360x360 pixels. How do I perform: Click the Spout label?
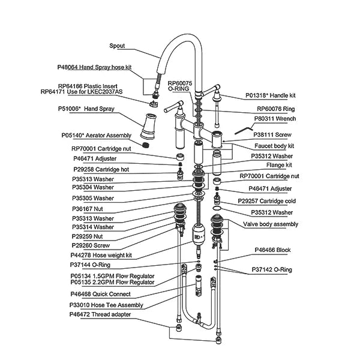pyautogui.click(x=117, y=46)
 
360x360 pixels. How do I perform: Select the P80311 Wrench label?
pyautogui.click(x=275, y=119)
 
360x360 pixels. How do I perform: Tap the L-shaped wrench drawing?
pyautogui.click(x=244, y=130)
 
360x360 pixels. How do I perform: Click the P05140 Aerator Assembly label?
pyautogui.click(x=96, y=136)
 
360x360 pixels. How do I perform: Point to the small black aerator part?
pyautogui.click(x=145, y=145)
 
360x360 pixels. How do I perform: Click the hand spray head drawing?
pyautogui.click(x=149, y=126)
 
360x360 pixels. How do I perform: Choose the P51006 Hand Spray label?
pyautogui.click(x=86, y=109)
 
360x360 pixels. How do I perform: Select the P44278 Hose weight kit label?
pyautogui.click(x=101, y=255)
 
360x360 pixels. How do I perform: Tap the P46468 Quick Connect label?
pyautogui.click(x=101, y=294)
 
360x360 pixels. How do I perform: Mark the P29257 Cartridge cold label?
pyautogui.click(x=267, y=201)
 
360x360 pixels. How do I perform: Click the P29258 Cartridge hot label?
pyautogui.click(x=101, y=169)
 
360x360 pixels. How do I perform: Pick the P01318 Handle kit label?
pyautogui.click(x=271, y=95)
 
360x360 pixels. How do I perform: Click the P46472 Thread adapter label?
pyautogui.click(x=100, y=314)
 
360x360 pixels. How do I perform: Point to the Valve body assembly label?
pyautogui.click(x=271, y=224)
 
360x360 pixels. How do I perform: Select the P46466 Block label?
pyautogui.click(x=273, y=250)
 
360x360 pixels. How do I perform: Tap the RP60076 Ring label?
pyautogui.click(x=276, y=109)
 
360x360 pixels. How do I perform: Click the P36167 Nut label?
pyautogui.click(x=88, y=209)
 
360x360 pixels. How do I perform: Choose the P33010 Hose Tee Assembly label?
pyautogui.click(x=106, y=305)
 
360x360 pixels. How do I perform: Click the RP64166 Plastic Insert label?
pyautogui.click(x=88, y=86)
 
